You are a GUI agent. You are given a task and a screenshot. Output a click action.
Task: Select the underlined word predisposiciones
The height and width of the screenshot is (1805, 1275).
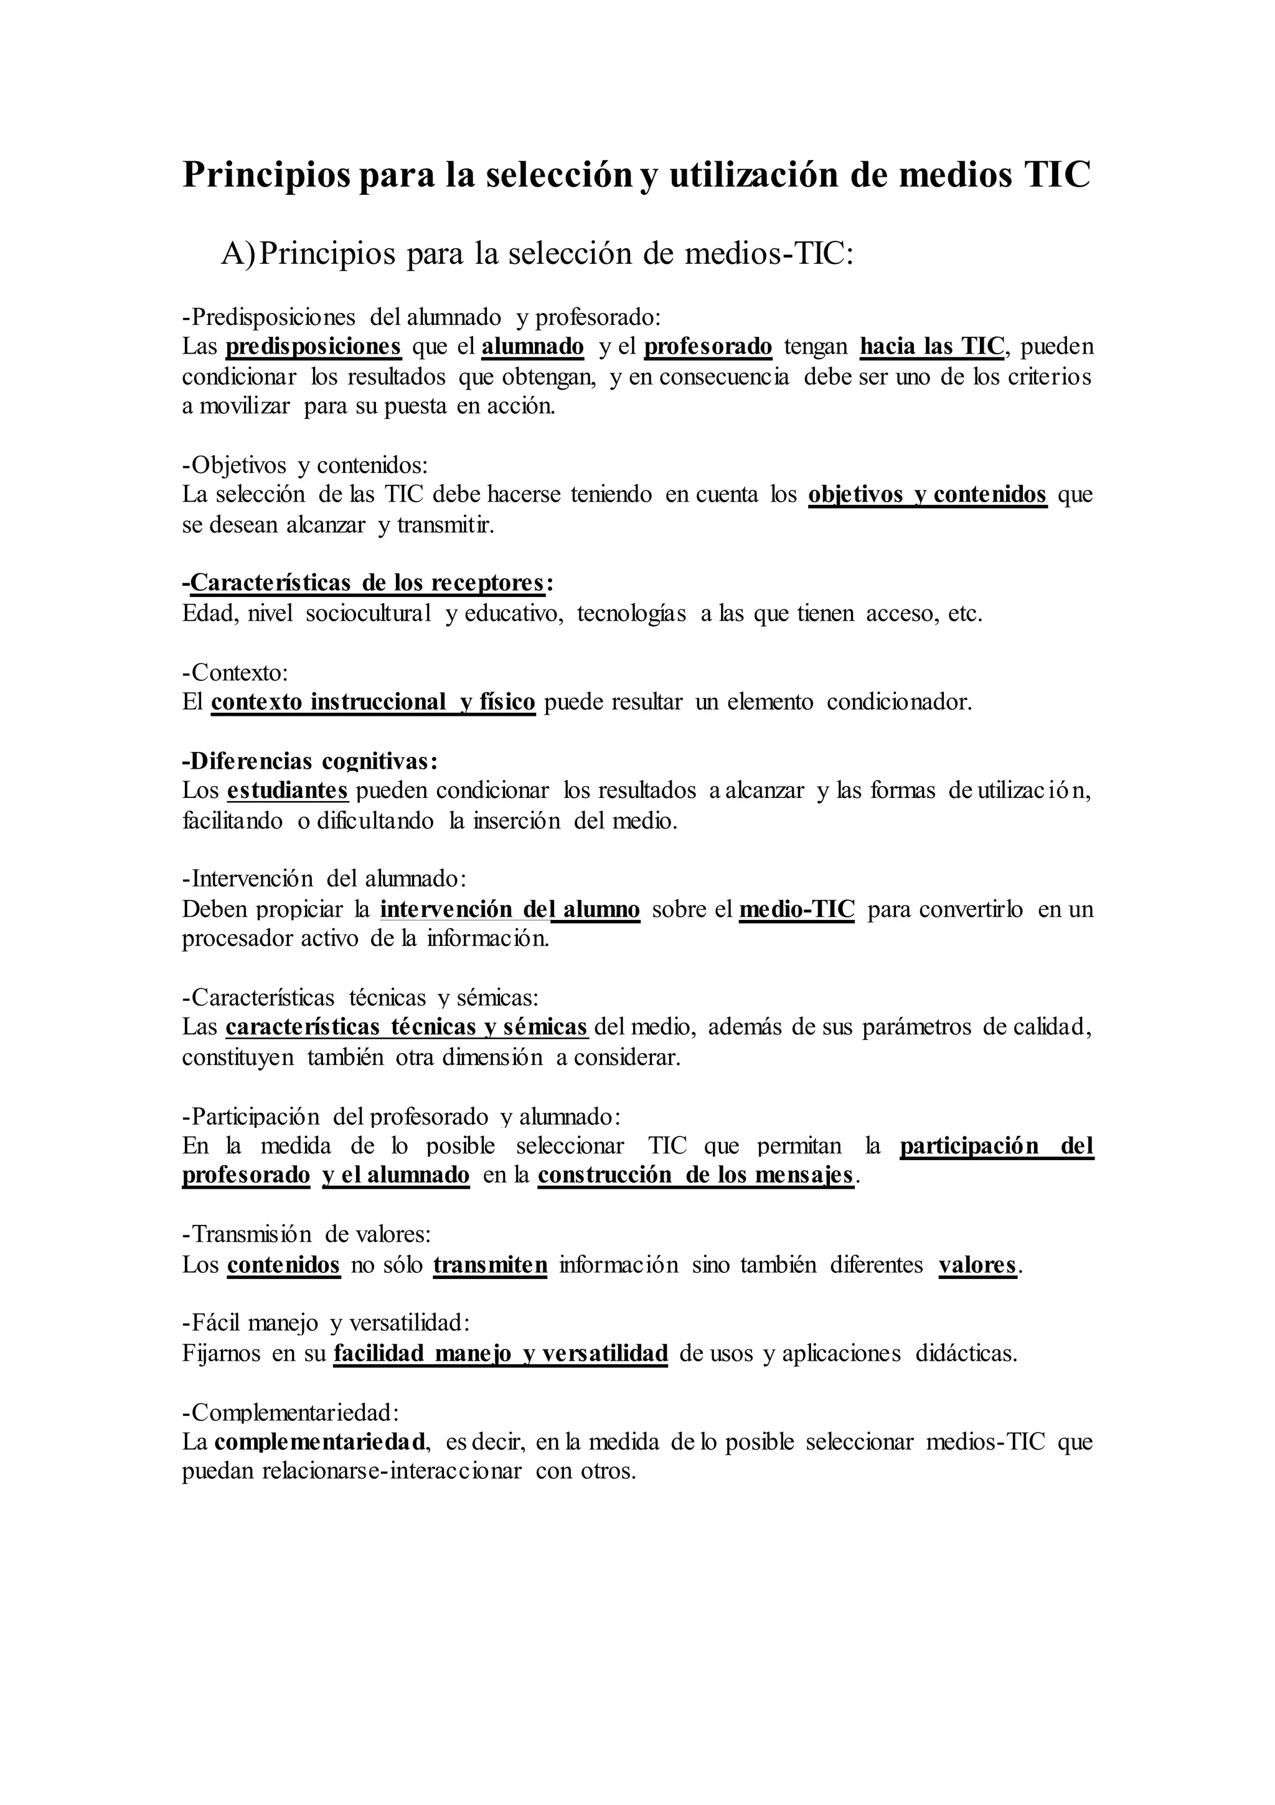pos(313,346)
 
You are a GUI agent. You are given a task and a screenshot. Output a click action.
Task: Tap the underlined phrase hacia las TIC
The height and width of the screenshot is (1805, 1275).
pos(931,346)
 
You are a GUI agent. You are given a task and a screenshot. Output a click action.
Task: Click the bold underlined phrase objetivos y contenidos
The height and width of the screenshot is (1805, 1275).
pos(928,494)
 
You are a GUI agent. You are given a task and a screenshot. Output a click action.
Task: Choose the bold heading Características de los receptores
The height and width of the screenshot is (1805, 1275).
pos(367,583)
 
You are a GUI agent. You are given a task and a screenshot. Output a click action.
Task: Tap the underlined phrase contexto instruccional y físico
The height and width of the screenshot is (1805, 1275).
pos(373,701)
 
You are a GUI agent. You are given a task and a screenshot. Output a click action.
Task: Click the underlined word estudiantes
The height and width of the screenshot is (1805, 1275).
pos(287,789)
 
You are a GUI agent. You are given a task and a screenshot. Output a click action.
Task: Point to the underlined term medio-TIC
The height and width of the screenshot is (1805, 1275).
pos(797,909)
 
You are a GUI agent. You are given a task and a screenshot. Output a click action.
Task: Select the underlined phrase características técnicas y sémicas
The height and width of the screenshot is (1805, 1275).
pos(407,1027)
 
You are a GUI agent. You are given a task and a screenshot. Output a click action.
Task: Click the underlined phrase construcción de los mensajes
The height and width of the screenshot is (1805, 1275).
pos(695,1174)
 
